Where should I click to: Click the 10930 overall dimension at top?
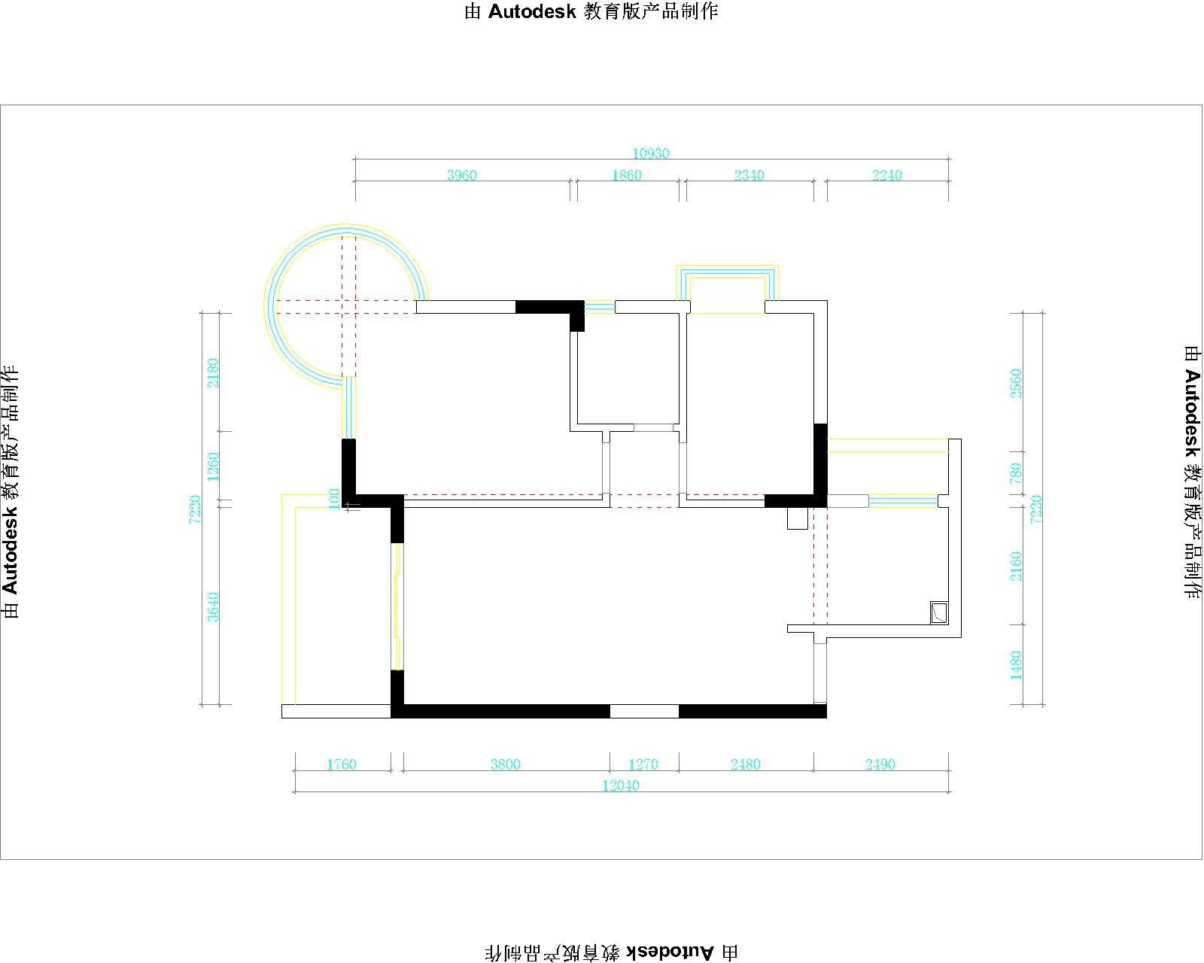651,153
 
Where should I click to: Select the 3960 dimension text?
461,175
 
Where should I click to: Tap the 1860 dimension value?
627,175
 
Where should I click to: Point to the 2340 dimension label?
749,175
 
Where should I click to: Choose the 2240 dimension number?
886,175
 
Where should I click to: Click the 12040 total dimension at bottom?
621,785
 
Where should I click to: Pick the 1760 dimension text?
342,764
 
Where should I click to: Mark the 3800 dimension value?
505,764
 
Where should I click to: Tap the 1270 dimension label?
643,764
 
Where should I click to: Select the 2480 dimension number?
745,764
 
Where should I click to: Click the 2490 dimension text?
880,764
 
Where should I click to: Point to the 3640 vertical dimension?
213,606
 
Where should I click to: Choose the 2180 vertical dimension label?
213,372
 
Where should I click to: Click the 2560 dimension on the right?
1016,384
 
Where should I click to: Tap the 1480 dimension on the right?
1016,666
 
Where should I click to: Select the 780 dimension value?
1016,473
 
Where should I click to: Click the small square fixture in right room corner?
939,612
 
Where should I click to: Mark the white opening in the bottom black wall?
644,711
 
